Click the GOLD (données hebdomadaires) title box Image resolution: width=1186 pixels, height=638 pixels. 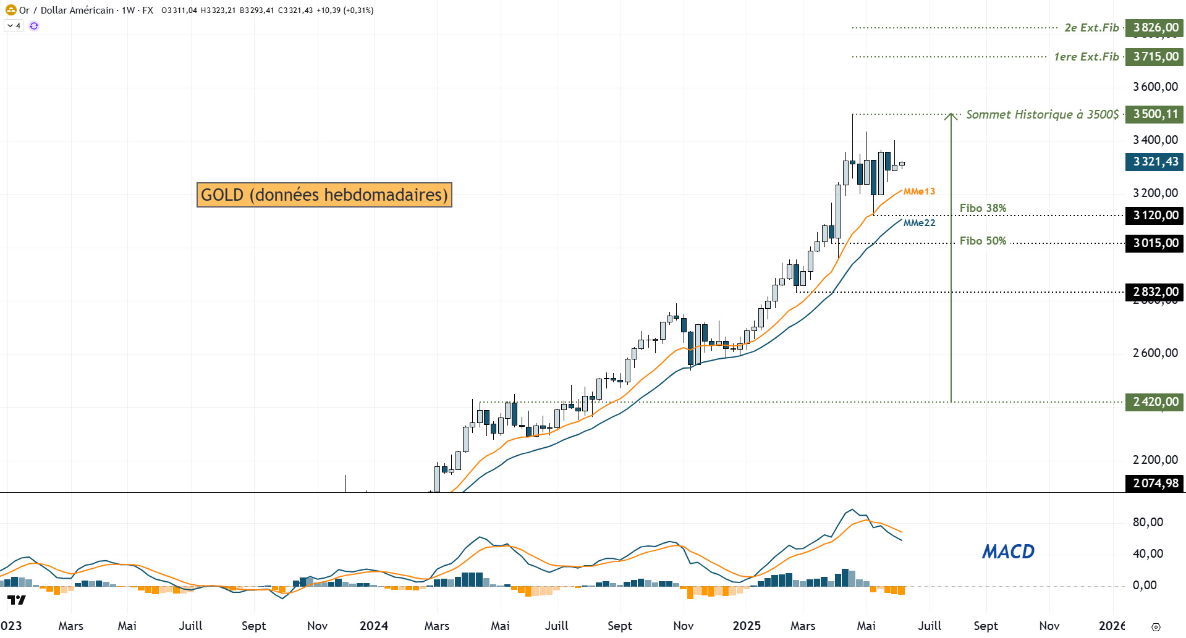(324, 195)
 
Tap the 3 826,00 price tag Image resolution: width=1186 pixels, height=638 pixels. (1154, 28)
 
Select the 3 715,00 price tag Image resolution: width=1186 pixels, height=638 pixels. (1154, 57)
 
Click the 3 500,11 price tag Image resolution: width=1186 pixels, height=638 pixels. (1154, 114)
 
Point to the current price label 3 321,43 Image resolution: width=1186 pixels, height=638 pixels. (1154, 162)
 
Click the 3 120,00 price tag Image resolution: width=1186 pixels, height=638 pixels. (1154, 216)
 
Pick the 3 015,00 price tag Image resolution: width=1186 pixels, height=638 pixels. (1154, 243)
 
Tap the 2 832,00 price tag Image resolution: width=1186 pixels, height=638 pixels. (1154, 292)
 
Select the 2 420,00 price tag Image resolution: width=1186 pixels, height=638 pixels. (1154, 402)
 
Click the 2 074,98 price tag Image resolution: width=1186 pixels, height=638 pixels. (1154, 484)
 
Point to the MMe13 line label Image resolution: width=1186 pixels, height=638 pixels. (919, 191)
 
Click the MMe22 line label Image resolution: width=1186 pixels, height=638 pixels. (919, 223)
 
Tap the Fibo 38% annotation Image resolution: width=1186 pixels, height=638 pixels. (983, 208)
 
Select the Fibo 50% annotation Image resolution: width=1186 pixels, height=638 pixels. (983, 241)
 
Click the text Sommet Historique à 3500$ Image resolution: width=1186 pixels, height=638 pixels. (1042, 114)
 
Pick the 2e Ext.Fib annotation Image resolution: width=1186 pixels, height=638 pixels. (1091, 28)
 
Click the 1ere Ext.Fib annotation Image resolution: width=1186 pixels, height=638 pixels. (1086, 57)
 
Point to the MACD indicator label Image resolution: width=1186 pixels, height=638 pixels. (1008, 552)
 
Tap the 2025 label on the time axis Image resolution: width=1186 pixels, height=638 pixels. (746, 626)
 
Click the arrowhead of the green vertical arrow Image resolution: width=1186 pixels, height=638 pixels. (951, 115)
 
